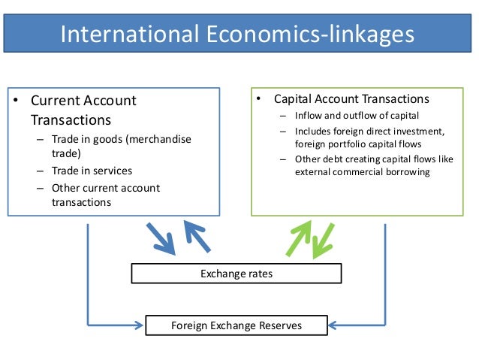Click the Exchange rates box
[x=236, y=274]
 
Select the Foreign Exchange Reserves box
[x=236, y=325]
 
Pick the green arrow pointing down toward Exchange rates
[x=324, y=240]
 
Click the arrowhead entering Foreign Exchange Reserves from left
[x=139, y=325]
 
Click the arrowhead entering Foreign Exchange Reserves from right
[x=333, y=325]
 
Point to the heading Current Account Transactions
[x=83, y=110]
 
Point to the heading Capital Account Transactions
[x=351, y=99]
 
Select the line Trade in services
[x=92, y=171]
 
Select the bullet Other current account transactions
[x=105, y=195]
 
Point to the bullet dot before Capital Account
[x=258, y=99]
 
